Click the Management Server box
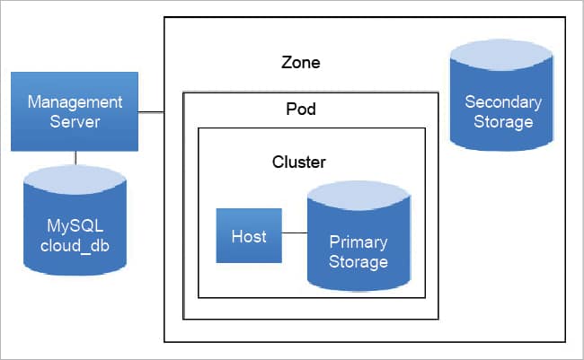[75, 111]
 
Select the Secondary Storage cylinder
[498, 103]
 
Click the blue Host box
[249, 235]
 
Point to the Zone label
[300, 64]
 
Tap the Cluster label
[298, 162]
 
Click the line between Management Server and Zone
[152, 111]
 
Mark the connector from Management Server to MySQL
[75, 159]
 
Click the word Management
[75, 102]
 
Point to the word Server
[75, 120]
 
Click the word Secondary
[502, 102]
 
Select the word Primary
[358, 242]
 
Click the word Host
[249, 236]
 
